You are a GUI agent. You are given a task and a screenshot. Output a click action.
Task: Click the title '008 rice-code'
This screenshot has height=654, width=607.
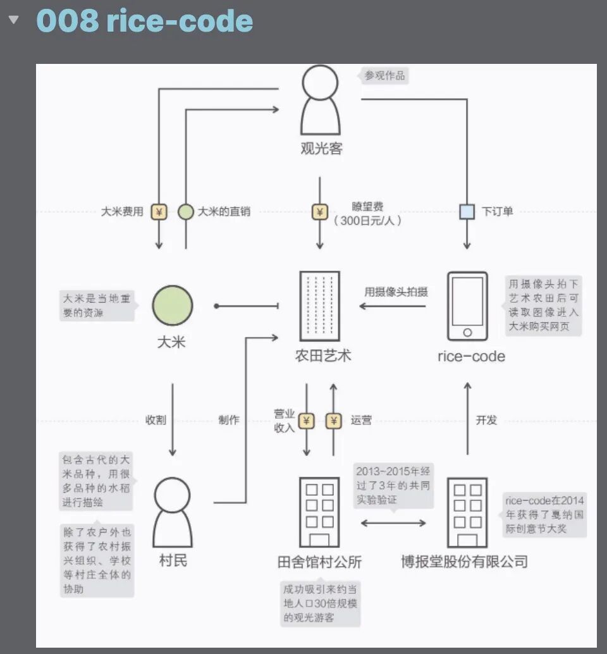(x=145, y=21)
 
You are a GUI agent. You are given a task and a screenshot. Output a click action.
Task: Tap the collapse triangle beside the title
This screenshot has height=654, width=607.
(x=13, y=20)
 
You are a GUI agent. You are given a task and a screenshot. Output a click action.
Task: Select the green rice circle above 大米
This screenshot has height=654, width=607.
(x=172, y=305)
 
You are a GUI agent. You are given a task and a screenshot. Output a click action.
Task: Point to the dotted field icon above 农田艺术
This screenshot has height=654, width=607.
(x=319, y=305)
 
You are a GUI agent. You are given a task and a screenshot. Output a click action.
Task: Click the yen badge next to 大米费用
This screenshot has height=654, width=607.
(x=159, y=212)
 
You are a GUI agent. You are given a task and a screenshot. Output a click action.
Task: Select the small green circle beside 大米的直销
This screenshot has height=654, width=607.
(x=185, y=212)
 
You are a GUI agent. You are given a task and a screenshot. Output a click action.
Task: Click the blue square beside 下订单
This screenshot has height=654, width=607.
(x=467, y=212)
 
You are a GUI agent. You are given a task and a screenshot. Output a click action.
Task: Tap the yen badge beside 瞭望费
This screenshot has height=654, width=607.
(x=319, y=212)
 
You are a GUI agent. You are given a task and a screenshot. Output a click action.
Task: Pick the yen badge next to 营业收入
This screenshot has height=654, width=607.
(x=307, y=420)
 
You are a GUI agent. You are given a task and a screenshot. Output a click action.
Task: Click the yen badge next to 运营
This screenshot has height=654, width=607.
(x=333, y=420)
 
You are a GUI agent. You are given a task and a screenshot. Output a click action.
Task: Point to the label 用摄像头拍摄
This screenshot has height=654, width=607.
(x=396, y=292)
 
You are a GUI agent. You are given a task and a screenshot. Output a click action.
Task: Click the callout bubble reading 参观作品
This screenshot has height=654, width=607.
(x=384, y=76)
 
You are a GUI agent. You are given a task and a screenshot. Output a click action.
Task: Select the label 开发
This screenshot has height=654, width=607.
(x=486, y=420)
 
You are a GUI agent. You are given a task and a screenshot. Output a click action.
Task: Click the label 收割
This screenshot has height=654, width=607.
(x=156, y=420)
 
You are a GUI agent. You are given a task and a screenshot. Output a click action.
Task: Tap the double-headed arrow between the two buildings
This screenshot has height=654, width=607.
(x=393, y=523)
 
